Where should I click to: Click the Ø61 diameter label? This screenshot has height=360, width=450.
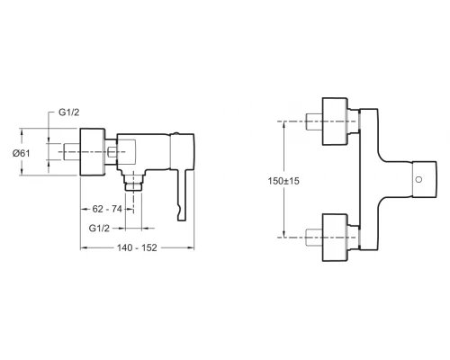point(33,153)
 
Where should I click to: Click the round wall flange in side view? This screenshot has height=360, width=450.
point(92,153)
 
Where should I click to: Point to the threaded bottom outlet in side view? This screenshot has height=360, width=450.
point(136,183)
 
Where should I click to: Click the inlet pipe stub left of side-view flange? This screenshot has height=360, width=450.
point(71,153)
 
